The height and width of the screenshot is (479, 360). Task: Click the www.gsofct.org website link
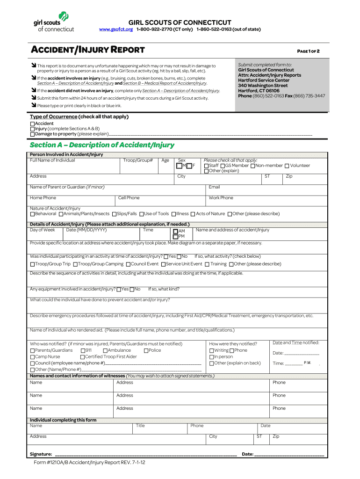pos(116,29)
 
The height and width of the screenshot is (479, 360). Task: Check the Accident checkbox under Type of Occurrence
pos(33,123)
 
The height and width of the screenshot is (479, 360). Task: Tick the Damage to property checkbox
pos(33,134)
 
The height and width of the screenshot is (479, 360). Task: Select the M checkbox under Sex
pos(179,166)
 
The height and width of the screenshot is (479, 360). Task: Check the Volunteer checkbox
pos(287,166)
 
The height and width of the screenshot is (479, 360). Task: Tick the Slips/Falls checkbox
pos(114,214)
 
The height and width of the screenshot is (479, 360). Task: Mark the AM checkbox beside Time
pos(175,231)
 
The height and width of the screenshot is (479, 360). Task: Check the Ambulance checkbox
pos(105,350)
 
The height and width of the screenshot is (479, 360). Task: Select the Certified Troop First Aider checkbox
pos(82,356)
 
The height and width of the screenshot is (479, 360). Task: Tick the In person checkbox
pos(212,356)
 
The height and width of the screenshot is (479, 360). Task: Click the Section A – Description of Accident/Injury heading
pos(102,145)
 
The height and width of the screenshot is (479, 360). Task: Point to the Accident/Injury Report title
pos(87,50)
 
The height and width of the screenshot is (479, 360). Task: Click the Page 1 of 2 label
pos(309,51)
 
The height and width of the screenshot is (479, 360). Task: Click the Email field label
pos(214,187)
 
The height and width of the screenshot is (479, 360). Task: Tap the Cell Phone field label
pos(129,198)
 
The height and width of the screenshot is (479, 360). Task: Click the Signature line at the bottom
pos(145,454)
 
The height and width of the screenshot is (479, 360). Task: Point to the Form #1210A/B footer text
pos(89,463)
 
